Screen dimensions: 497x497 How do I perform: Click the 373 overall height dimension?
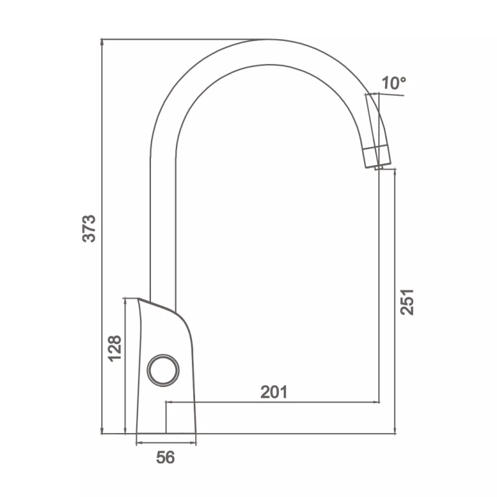coord(89,229)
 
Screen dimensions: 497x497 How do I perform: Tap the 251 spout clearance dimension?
coord(407,302)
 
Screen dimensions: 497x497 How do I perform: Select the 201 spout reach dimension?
coord(274,392)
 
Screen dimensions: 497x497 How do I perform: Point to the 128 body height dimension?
coord(115,349)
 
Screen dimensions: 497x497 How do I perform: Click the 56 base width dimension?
coord(165,457)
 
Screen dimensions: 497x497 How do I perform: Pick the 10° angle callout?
coord(394,83)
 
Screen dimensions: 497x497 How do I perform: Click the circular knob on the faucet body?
coord(163,370)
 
